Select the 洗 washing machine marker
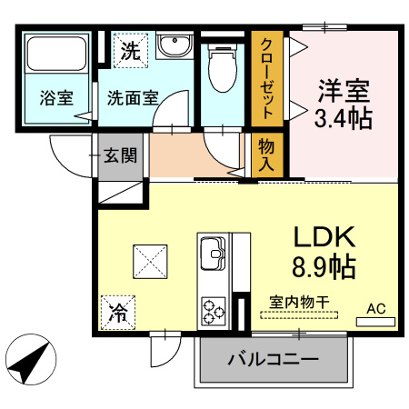tap(130, 51)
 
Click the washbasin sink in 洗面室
tap(172, 45)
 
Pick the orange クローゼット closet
tap(269, 80)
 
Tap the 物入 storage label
tap(267, 155)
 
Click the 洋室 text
tap(344, 92)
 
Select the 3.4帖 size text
tap(344, 119)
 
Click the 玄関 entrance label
tap(121, 155)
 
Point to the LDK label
tap(323, 236)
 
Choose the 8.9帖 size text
tap(323, 267)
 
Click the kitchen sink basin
tap(214, 251)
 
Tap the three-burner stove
tap(214, 310)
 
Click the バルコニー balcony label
tap(273, 359)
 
